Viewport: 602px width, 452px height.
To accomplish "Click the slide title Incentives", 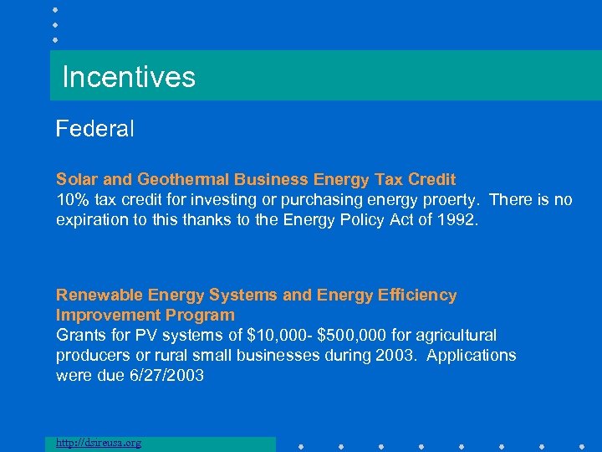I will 129,78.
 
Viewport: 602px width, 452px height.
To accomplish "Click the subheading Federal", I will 94,129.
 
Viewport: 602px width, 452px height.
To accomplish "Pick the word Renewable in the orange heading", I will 99,295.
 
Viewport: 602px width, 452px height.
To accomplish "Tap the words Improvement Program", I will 145,315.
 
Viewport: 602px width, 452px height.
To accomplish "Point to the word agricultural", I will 455,335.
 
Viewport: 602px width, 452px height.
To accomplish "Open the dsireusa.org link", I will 98,443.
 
